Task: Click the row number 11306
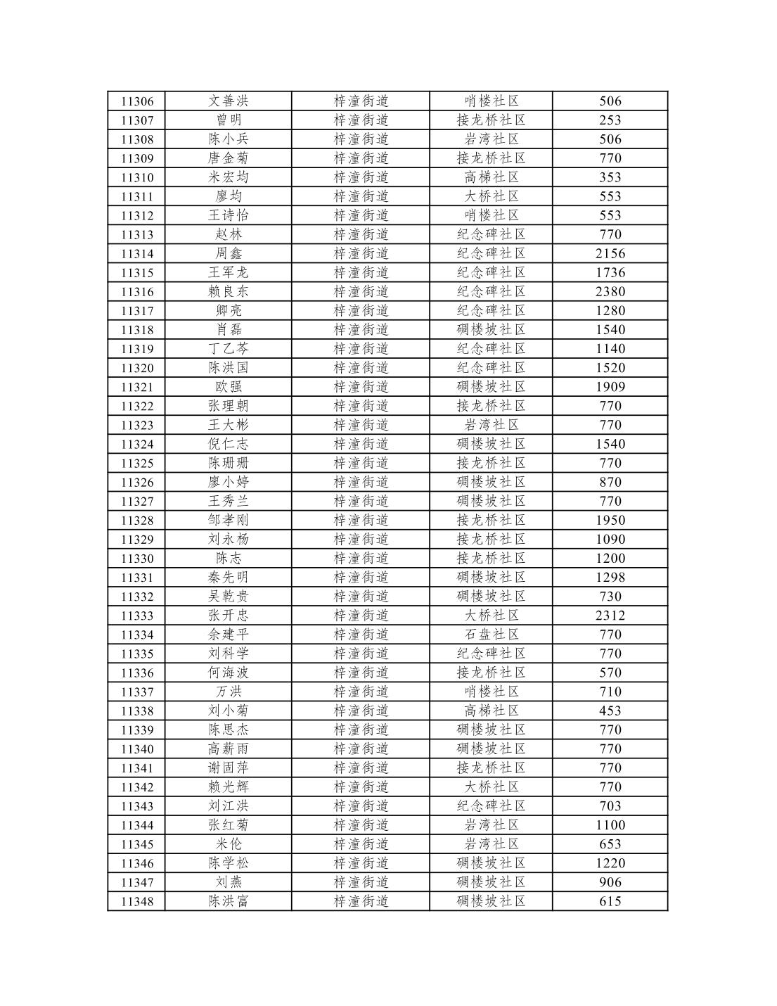tap(137, 101)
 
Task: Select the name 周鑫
tap(229, 254)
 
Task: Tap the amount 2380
tap(610, 292)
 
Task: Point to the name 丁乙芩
tap(229, 349)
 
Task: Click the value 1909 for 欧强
tap(610, 387)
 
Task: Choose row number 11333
tap(137, 616)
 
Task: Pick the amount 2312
tap(610, 616)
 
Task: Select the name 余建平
tap(229, 635)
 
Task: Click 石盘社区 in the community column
tap(491, 635)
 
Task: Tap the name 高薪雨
tap(229, 749)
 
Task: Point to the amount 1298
tap(610, 578)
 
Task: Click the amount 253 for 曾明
tap(610, 120)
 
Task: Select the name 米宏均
tap(229, 177)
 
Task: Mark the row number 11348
tap(137, 901)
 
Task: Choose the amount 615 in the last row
tap(610, 901)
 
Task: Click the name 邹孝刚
tap(229, 521)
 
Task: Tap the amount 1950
tap(610, 521)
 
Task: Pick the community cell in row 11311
tap(491, 196)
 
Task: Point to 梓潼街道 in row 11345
tap(361, 844)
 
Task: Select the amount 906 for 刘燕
tap(610, 882)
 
